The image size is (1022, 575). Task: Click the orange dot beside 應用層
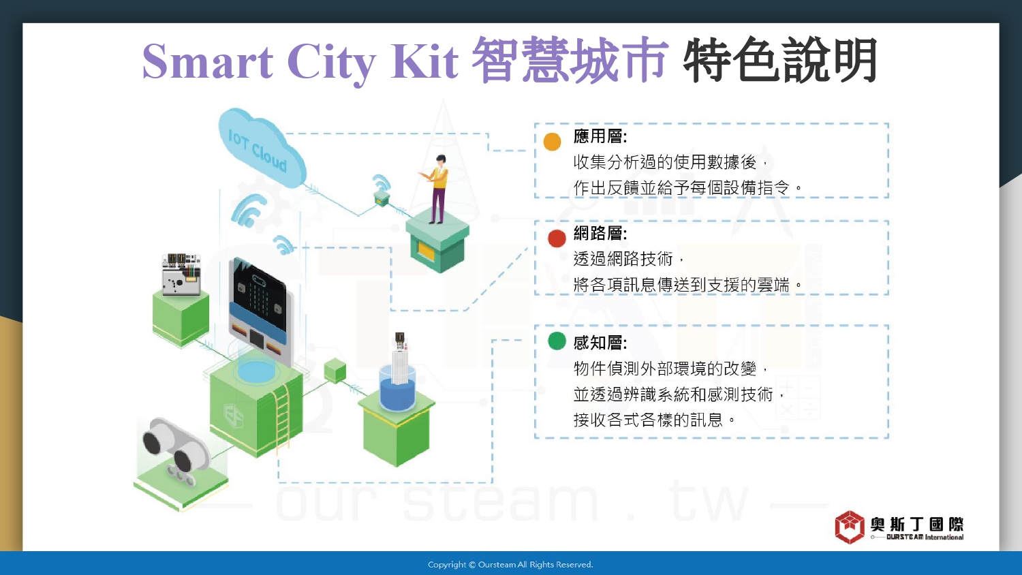pyautogui.click(x=552, y=142)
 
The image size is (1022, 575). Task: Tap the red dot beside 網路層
pyautogui.click(x=557, y=238)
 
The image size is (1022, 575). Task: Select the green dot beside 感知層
pyautogui.click(x=557, y=341)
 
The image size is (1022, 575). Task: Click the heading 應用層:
pyautogui.click(x=600, y=136)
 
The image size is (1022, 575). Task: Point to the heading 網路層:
pyautogui.click(x=600, y=233)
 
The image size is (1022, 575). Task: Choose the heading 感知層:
pyautogui.click(x=600, y=343)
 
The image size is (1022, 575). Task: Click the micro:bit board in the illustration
pyautogui.click(x=259, y=310)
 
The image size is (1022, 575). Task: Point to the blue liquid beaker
pyautogui.click(x=397, y=388)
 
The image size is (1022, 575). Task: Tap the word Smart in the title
pyautogui.click(x=207, y=61)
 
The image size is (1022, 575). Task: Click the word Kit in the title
pyautogui.click(x=424, y=61)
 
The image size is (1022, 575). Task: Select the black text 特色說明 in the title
pyautogui.click(x=779, y=60)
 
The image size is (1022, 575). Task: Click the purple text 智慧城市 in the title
pyautogui.click(x=570, y=60)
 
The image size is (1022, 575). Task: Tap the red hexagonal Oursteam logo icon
pyautogui.click(x=850, y=527)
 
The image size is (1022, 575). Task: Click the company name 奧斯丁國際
pyautogui.click(x=916, y=524)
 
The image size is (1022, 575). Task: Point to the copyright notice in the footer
pyautogui.click(x=510, y=565)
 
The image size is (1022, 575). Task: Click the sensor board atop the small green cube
pyautogui.click(x=181, y=274)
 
